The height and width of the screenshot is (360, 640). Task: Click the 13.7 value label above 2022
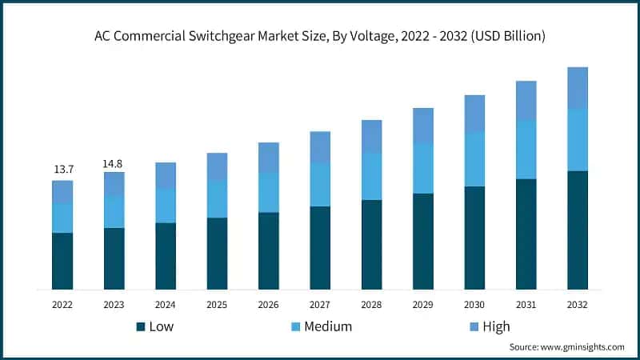(62, 170)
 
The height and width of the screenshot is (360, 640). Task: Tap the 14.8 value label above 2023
(114, 163)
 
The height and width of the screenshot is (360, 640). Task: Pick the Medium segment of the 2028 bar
(371, 176)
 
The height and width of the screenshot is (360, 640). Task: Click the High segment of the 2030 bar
(474, 114)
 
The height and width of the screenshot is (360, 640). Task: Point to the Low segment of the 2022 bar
(62, 261)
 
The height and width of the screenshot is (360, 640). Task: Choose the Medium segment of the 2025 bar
(217, 199)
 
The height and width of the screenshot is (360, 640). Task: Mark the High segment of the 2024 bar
(166, 176)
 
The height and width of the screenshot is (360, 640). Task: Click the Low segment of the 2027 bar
(320, 247)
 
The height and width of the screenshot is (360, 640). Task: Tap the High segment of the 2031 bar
(526, 101)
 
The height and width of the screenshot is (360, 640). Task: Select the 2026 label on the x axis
(268, 305)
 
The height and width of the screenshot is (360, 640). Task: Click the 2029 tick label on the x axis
(422, 305)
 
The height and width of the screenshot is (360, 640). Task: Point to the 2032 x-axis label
(577, 305)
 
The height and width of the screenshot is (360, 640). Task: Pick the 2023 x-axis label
(114, 305)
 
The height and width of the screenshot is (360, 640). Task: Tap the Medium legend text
(328, 326)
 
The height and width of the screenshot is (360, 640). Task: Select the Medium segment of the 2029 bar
(422, 169)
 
